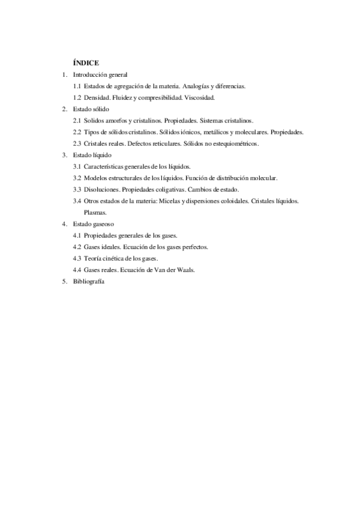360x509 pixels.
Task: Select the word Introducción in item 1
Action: point(89,75)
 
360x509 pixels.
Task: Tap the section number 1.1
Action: point(77,86)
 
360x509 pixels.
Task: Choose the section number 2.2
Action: point(77,131)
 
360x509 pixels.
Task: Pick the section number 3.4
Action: point(77,200)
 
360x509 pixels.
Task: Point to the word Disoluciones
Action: point(101,189)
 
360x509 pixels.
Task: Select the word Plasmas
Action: point(95,212)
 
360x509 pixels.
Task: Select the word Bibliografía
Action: point(88,281)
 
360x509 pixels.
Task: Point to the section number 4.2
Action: point(77,247)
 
